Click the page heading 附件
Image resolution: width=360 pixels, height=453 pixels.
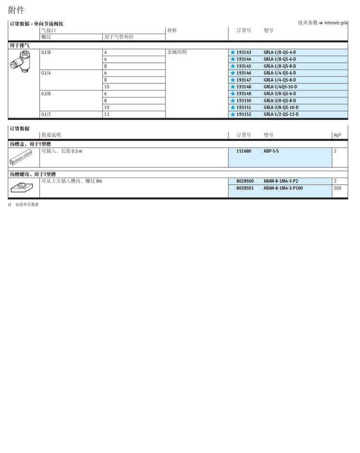pos(16,10)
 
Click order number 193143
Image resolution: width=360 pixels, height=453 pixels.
pos(243,52)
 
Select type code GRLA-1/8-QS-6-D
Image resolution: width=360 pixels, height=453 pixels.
pos(280,59)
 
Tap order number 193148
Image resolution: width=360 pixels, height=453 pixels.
pos(243,87)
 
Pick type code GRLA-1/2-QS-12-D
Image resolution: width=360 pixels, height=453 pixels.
pos(281,114)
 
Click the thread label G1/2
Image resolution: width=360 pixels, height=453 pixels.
pos(46,114)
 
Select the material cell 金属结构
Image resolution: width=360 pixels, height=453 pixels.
pos(177,52)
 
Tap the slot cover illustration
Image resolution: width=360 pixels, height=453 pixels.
pos(21,156)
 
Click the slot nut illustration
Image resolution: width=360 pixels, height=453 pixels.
pos(21,188)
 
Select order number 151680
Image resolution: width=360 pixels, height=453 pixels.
pos(244,151)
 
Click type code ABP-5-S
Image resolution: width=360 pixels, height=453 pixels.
pos(271,151)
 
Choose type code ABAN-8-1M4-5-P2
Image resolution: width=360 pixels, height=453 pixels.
pos(281,181)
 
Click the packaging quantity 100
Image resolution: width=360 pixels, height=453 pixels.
pos(337,188)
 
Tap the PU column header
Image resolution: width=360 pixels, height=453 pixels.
pos(337,135)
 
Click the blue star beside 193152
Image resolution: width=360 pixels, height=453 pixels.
pos(232,114)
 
